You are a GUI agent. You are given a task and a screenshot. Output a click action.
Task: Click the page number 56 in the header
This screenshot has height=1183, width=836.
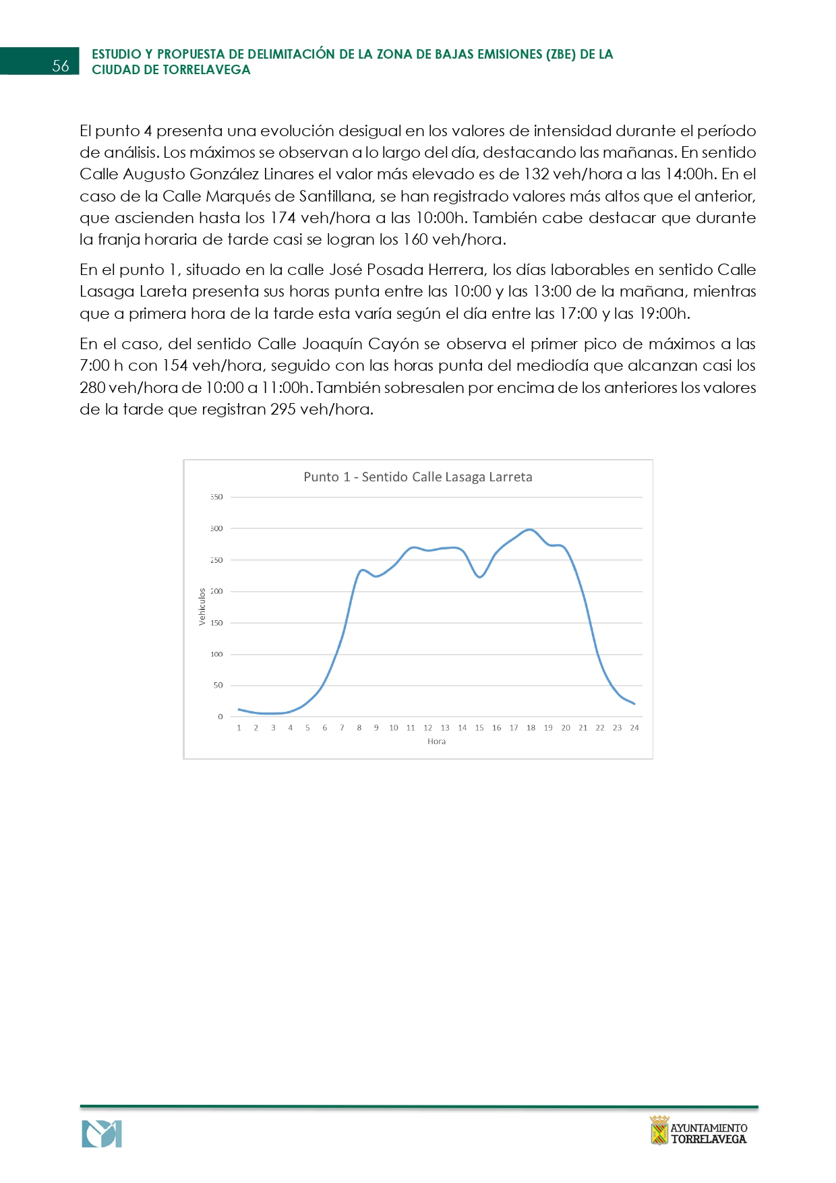(61, 65)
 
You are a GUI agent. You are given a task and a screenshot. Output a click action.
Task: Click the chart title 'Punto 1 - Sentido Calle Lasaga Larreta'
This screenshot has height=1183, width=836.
(417, 477)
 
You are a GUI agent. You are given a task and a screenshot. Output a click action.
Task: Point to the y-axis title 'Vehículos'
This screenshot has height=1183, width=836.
(202, 607)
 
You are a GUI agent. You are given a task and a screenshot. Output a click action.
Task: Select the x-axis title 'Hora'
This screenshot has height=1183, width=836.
(436, 741)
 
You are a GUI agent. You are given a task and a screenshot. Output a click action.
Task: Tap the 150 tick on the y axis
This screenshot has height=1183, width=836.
(216, 623)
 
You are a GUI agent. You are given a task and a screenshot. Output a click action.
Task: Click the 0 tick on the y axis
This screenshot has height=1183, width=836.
(220, 717)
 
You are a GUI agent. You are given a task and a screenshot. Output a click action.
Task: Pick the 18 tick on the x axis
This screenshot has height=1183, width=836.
(531, 728)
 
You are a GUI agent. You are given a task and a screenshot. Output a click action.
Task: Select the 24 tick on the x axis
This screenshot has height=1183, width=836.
(634, 728)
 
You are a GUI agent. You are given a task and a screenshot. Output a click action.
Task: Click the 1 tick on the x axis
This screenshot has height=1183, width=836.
(239, 728)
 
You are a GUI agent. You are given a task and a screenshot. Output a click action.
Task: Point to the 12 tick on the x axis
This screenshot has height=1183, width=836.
(427, 728)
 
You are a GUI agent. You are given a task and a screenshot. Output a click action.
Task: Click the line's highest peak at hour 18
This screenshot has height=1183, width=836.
(531, 530)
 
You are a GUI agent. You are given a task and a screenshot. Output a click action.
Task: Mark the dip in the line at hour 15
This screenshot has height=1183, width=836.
(479, 577)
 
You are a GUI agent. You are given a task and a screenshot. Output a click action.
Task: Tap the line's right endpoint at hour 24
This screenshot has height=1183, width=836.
(634, 704)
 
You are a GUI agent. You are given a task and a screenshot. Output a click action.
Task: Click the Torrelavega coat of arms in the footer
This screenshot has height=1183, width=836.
(659, 1130)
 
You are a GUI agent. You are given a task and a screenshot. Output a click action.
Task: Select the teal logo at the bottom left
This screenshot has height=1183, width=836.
(102, 1134)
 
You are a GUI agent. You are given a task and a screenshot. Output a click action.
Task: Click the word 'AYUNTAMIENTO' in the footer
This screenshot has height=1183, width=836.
(709, 1128)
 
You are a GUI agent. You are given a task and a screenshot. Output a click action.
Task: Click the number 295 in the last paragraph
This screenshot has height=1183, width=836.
(282, 410)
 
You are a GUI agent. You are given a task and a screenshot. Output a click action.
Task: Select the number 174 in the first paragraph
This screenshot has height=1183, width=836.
(282, 218)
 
